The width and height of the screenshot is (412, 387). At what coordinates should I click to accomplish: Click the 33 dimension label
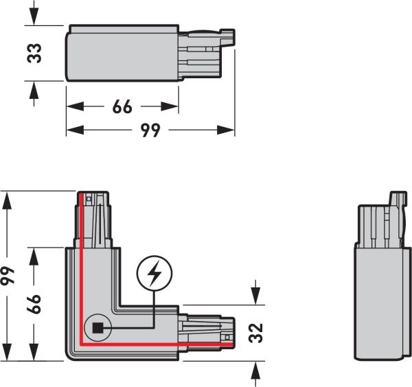click(35, 53)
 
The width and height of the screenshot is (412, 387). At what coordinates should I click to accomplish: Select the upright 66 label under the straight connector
click(122, 107)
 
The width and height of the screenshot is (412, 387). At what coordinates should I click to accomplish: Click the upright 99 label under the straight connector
click(150, 130)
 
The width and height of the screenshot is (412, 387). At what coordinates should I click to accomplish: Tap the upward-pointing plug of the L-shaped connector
click(92, 220)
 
